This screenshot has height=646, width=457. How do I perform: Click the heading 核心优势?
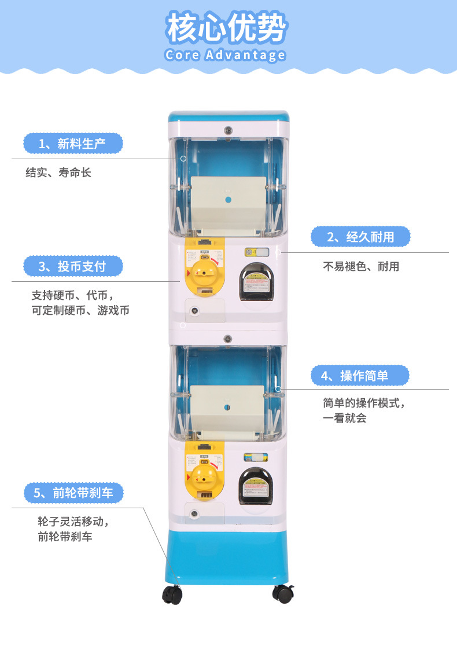[x=227, y=28]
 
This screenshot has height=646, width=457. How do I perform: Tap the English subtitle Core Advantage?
[x=225, y=56]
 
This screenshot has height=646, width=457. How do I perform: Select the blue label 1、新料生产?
[x=73, y=144]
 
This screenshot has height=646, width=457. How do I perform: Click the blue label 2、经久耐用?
[x=360, y=237]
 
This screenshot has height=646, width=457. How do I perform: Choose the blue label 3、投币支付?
[x=73, y=266]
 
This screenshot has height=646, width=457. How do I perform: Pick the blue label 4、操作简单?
[x=360, y=376]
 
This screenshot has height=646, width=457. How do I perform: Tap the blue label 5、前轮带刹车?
[x=73, y=493]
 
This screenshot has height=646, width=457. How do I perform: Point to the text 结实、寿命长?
[x=58, y=172]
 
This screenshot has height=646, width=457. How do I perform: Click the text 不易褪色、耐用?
[x=361, y=266]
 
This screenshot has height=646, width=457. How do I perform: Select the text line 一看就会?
[x=345, y=418]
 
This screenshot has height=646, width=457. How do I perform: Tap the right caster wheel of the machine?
[x=282, y=592]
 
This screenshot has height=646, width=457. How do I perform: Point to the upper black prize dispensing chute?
[x=256, y=282]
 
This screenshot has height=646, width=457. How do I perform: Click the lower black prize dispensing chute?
[x=256, y=485]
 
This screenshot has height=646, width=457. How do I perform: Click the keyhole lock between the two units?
[x=228, y=338]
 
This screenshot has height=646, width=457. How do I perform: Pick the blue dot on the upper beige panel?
[x=228, y=200]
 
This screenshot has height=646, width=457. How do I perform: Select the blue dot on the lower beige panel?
[x=228, y=407]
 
